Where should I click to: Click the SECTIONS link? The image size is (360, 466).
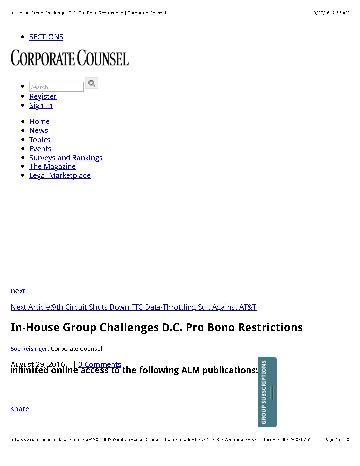pyautogui.click(x=46, y=37)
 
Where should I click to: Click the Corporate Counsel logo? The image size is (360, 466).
pyautogui.click(x=69, y=58)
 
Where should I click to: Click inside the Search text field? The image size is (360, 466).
pyautogui.click(x=56, y=87)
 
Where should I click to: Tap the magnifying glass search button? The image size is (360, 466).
pyautogui.click(x=92, y=83)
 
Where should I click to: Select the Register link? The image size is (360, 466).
pyautogui.click(x=43, y=96)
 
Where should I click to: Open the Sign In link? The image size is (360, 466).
pyautogui.click(x=41, y=105)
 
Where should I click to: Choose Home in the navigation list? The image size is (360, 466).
pyautogui.click(x=39, y=121)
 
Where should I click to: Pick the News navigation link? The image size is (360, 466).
pyautogui.click(x=39, y=130)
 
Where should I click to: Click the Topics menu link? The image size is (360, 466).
pyautogui.click(x=40, y=140)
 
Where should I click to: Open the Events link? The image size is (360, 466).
pyautogui.click(x=40, y=149)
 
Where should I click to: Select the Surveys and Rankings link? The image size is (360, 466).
pyautogui.click(x=66, y=158)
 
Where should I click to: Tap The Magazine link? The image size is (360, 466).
pyautogui.click(x=53, y=166)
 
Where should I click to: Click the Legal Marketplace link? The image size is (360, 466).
pyautogui.click(x=60, y=175)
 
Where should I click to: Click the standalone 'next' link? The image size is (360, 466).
pyautogui.click(x=18, y=291)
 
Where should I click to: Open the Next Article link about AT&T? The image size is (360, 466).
pyautogui.click(x=133, y=307)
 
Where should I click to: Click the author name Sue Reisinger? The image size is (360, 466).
pyautogui.click(x=29, y=349)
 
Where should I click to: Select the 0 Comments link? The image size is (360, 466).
pyautogui.click(x=100, y=364)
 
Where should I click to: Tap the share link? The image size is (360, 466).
pyautogui.click(x=20, y=409)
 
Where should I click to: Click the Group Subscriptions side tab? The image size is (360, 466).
pyautogui.click(x=267, y=392)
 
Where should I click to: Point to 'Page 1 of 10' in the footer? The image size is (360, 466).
pyautogui.click(x=337, y=440)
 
